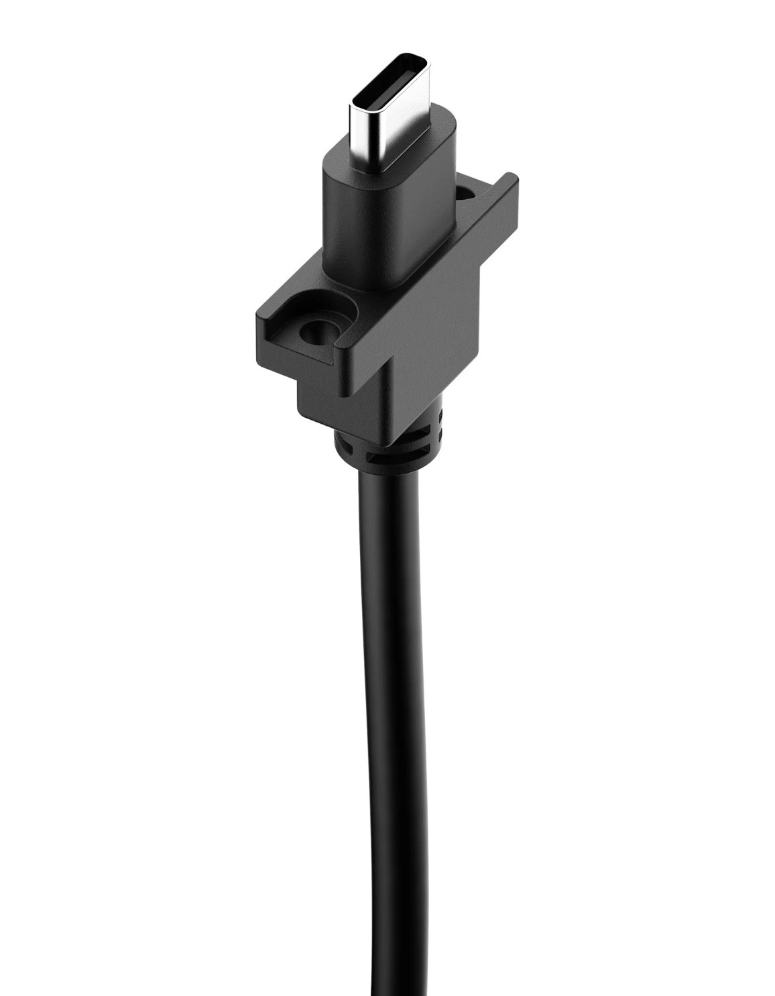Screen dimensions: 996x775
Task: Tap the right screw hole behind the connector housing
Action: (x=466, y=194)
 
